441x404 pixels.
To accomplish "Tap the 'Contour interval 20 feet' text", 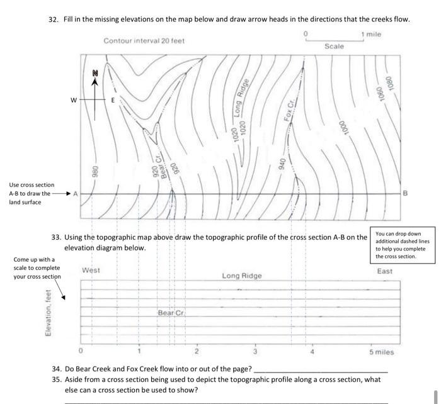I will pos(144,41).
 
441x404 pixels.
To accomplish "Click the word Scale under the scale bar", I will pos(335,47).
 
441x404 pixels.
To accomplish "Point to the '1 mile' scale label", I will pos(370,34).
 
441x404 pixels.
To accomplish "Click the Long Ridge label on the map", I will pos(243,99).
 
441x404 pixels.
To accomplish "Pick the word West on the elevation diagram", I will pos(91,270).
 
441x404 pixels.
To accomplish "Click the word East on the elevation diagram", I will pos(385,271).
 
